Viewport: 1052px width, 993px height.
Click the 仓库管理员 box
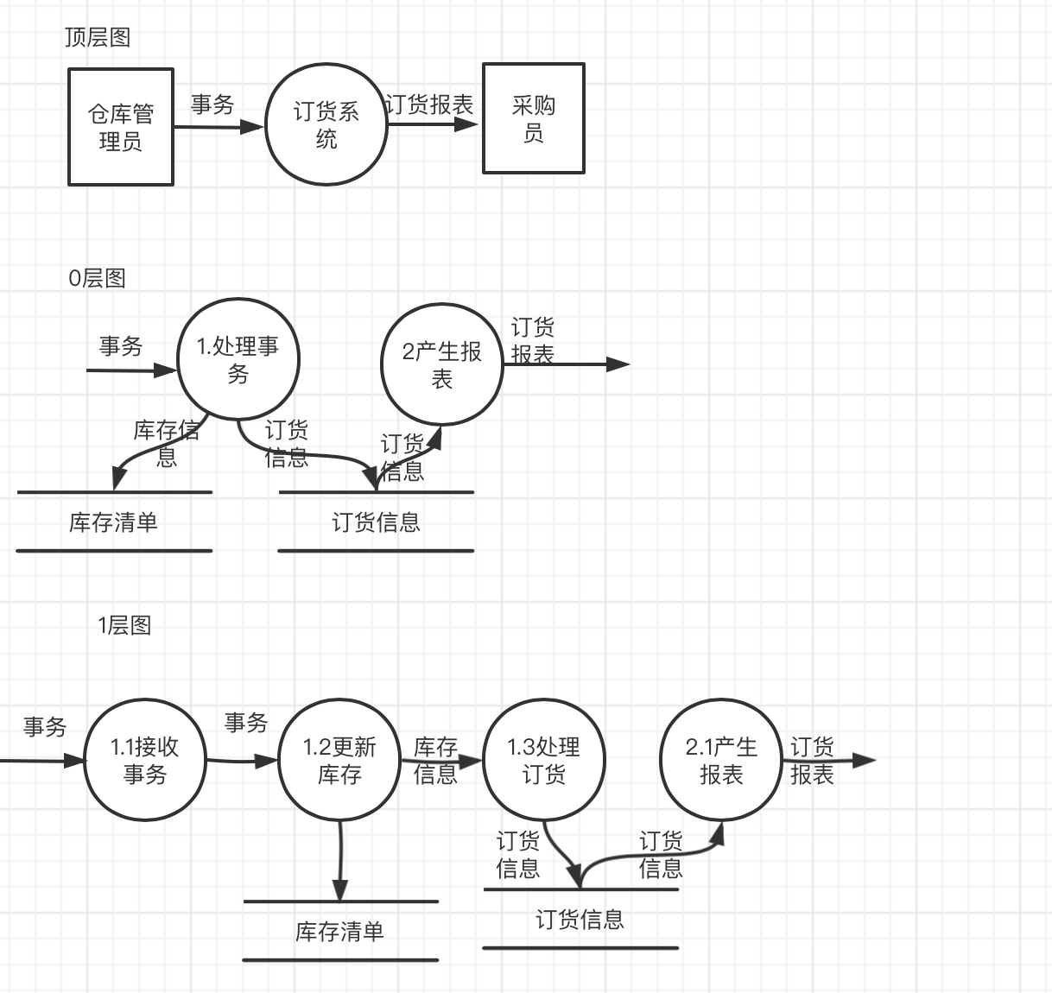(x=121, y=127)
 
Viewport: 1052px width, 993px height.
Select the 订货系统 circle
(x=326, y=124)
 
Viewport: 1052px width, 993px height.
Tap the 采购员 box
(x=533, y=118)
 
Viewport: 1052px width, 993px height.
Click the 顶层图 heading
(x=97, y=37)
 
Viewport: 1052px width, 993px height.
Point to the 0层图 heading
(x=97, y=278)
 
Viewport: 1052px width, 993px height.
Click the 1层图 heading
(x=124, y=625)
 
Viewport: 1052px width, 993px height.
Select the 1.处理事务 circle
(x=238, y=360)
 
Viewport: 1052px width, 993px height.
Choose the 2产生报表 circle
(x=441, y=364)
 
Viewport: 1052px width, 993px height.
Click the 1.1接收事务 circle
(x=144, y=760)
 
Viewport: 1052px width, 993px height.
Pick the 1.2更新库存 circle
(x=339, y=760)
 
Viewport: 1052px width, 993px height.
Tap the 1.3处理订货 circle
(x=543, y=760)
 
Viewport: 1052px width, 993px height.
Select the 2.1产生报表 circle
(x=721, y=760)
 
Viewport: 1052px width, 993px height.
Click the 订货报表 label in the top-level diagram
(x=429, y=104)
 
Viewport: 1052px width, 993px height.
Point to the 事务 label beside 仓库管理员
(x=212, y=104)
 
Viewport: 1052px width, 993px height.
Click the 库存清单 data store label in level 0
(x=113, y=522)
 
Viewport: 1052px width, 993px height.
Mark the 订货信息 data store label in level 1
(x=580, y=920)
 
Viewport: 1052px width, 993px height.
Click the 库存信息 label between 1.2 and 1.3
(x=435, y=760)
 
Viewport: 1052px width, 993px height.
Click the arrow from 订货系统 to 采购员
(x=432, y=124)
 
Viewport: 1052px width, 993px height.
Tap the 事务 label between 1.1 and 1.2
(x=246, y=722)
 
